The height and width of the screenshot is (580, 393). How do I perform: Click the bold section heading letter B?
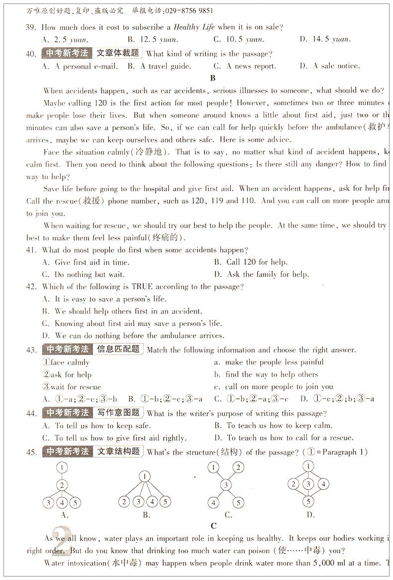[213, 78]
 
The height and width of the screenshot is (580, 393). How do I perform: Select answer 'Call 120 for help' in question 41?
[251, 262]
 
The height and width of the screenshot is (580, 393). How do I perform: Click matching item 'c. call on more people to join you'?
[274, 387]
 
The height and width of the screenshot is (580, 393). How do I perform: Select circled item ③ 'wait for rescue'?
[72, 387]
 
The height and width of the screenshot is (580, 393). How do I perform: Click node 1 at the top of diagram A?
[62, 468]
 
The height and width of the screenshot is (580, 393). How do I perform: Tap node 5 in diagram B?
[165, 502]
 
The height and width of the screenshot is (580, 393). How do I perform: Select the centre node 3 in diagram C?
[226, 485]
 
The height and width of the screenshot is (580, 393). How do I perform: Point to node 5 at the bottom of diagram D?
[308, 502]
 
